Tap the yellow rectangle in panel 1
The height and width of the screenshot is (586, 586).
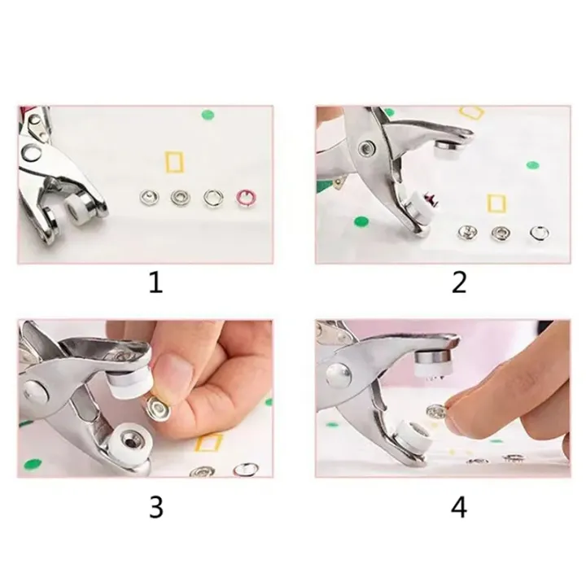coord(174,162)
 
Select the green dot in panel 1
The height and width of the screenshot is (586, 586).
coord(208,115)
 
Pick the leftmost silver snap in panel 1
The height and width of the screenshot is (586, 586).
coord(148,196)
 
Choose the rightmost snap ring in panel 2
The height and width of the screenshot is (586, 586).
coord(539,233)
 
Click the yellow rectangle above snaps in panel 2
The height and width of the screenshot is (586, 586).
coord(494,203)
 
